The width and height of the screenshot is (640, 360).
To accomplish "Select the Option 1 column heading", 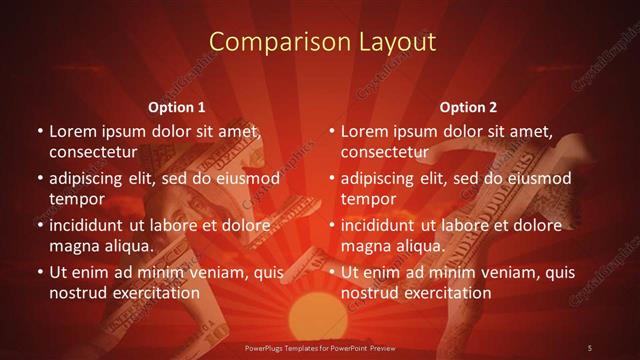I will point(177,107).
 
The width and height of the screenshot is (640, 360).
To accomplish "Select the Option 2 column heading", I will point(468,107).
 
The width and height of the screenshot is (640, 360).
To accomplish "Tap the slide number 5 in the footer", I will point(589,347).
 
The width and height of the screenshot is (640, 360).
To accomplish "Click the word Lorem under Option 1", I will point(71,131).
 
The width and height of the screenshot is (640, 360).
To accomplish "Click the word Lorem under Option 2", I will point(363,131).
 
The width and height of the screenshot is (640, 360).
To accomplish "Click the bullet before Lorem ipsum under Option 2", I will point(331,132).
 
